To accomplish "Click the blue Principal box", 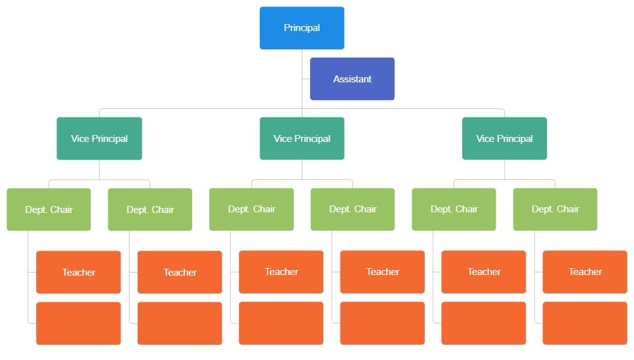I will coord(302,28).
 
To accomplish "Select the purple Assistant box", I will coord(353,79).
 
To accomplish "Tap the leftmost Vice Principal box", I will coord(99,139).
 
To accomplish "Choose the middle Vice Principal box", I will coord(302,139).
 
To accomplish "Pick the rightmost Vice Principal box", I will coord(505,139).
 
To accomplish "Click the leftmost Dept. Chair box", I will coord(49,210).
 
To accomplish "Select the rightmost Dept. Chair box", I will coord(555,209).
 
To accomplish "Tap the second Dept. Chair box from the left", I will coord(150,210).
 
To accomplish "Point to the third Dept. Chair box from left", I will coord(252,209).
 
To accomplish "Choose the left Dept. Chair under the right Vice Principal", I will coord(454,209).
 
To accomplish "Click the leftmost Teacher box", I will coord(79,273).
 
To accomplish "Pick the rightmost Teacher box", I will coord(585,272).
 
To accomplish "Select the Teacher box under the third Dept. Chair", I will coord(281,272).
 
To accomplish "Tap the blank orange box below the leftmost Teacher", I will coord(79,323).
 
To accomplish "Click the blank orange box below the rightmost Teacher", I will coord(585,323).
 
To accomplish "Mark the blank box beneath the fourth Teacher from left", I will coord(382,323).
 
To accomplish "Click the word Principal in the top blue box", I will coord(302,28).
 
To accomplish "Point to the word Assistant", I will coord(353,79).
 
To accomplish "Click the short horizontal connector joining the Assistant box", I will coord(306,79).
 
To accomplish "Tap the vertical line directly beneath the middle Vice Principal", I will coord(302,169).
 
